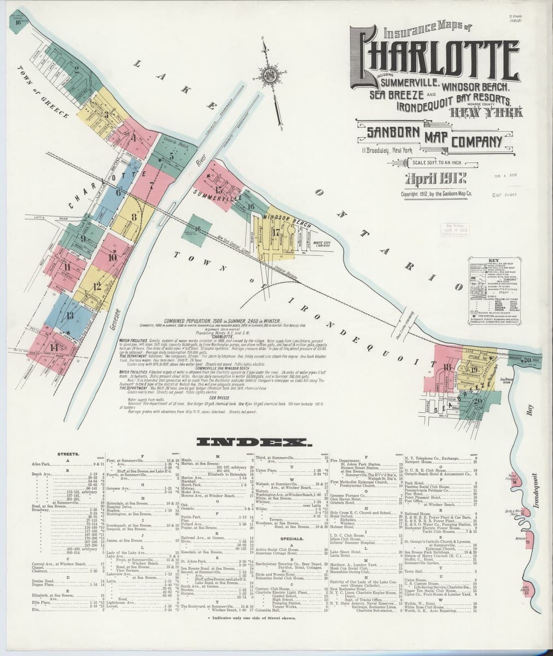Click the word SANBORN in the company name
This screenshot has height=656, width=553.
coord(386,133)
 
